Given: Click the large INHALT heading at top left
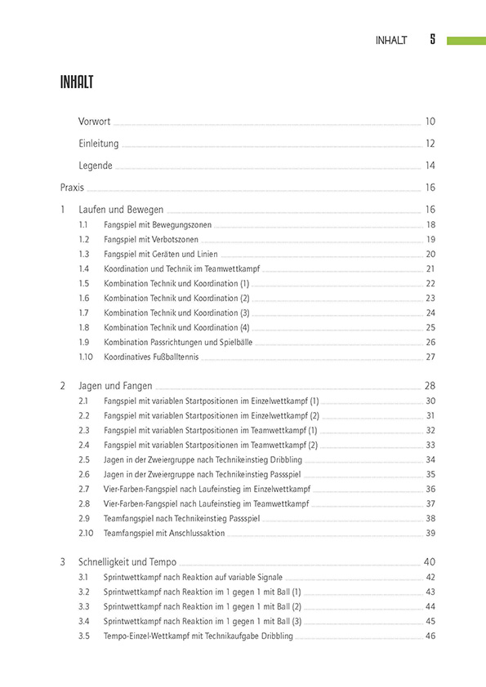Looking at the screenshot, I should (x=77, y=82).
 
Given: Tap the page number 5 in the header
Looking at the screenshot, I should (x=432, y=40).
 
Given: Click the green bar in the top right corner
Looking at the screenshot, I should (x=466, y=40).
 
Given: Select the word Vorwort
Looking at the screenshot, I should (x=95, y=122).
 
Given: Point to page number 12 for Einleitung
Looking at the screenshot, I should (x=430, y=144).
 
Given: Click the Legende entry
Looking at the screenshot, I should (x=96, y=166).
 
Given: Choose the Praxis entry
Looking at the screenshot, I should (x=72, y=188).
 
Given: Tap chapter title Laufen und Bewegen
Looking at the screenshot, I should (x=121, y=210).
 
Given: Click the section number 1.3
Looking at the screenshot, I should (x=84, y=254).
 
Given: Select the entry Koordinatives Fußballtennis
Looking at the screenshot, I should (x=150, y=357).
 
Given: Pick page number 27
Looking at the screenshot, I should (x=430, y=357).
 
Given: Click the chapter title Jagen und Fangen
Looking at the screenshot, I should (x=115, y=386).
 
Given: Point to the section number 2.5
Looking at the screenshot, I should (x=84, y=459).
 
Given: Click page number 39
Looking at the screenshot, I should (x=430, y=533).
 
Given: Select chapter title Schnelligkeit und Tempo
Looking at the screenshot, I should (x=127, y=562).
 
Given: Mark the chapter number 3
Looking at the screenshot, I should (x=63, y=562).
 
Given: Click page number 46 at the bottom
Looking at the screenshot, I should (x=430, y=636).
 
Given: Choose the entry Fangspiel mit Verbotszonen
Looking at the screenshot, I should (x=150, y=239).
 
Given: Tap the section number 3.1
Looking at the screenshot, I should (x=84, y=577).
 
